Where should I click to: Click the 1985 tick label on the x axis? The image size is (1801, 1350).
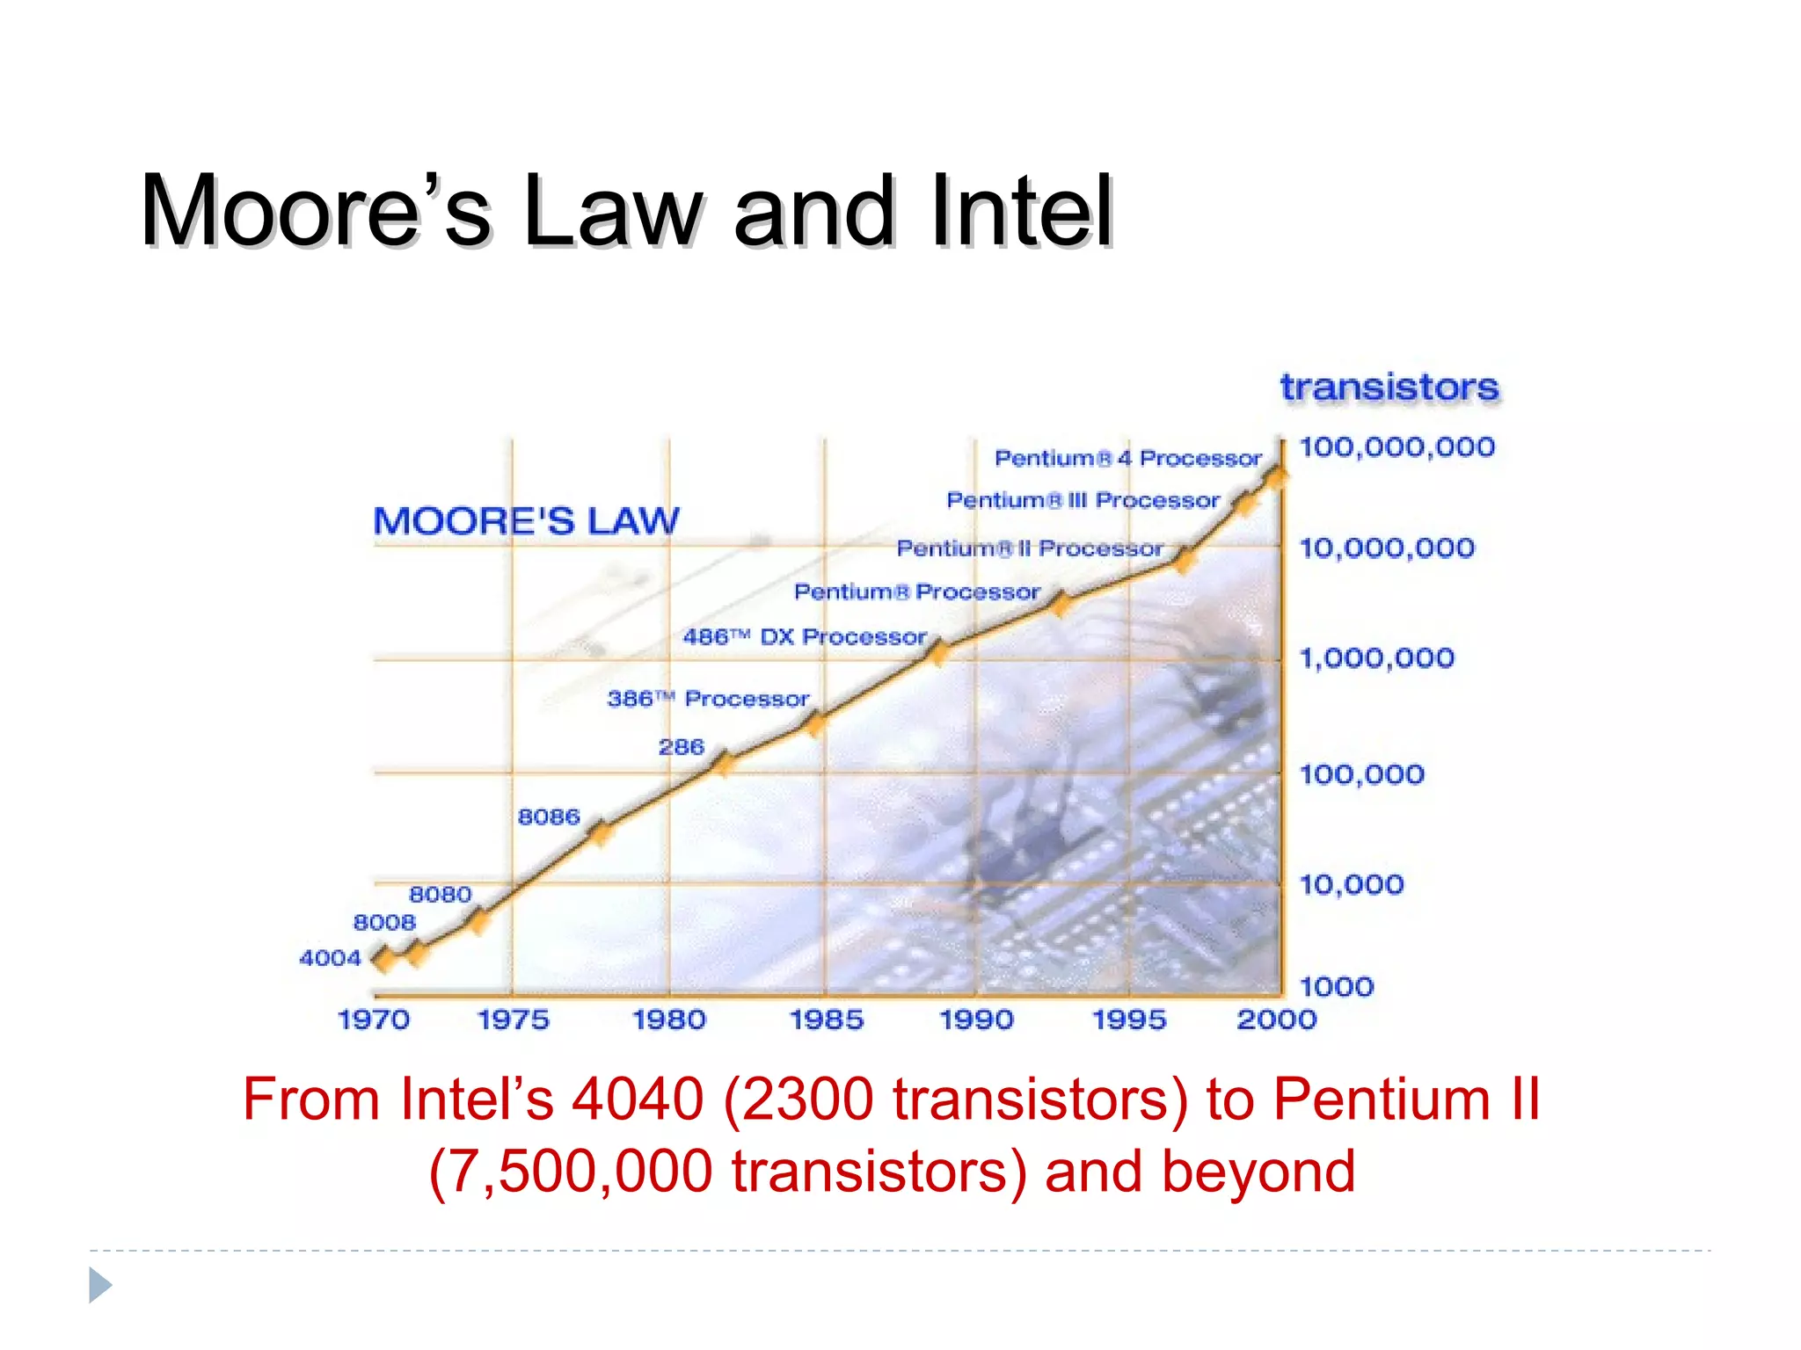[x=826, y=1020]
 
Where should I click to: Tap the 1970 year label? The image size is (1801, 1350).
[x=374, y=1020]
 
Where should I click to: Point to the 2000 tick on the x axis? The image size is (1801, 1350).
[x=1276, y=1020]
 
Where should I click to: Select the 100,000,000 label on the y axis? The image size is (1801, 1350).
[x=1396, y=447]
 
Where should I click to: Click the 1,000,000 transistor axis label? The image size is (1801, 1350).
[x=1376, y=658]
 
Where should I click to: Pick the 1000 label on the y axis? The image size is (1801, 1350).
[x=1336, y=987]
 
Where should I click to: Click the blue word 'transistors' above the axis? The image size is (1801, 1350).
[x=1389, y=388]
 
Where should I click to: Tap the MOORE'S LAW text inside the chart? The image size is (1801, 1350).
[x=526, y=521]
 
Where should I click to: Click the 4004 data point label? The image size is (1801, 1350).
[x=330, y=958]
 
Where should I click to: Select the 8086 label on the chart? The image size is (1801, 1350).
[x=549, y=817]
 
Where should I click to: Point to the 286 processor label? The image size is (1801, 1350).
[x=682, y=747]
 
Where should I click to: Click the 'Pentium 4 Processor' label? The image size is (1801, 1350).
[x=1127, y=458]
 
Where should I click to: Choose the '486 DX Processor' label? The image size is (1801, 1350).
[x=805, y=636]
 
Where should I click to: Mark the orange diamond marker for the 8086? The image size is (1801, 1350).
[x=600, y=831]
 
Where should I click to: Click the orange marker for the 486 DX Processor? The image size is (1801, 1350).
[x=938, y=653]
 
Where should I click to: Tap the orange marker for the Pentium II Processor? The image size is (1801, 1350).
[x=1185, y=559]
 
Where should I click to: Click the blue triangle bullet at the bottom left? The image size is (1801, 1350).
[x=100, y=1285]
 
